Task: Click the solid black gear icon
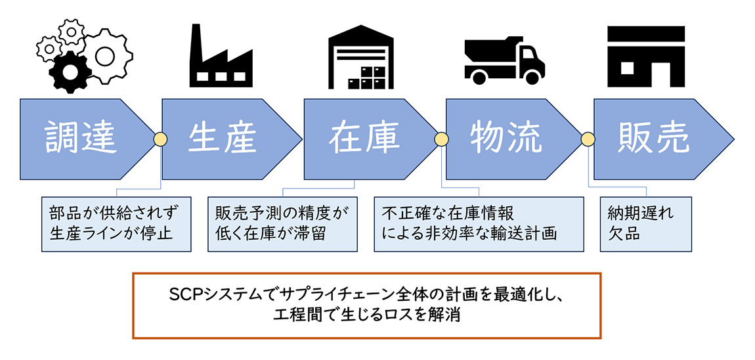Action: pyautogui.click(x=70, y=72)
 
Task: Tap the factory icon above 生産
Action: pyautogui.click(x=221, y=55)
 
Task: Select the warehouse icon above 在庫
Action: pyautogui.click(x=361, y=56)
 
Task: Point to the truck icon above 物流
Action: pyautogui.click(x=504, y=58)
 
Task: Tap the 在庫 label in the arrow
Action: pyautogui.click(x=364, y=139)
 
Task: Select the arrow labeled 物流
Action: pyautogui.click(x=513, y=139)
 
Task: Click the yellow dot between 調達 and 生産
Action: pyautogui.click(x=160, y=139)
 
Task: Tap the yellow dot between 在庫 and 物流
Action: pyautogui.click(x=442, y=139)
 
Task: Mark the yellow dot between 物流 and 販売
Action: pyautogui.click(x=588, y=139)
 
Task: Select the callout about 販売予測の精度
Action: pyautogui.click(x=283, y=223)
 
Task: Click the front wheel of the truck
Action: pyautogui.click(x=531, y=76)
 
